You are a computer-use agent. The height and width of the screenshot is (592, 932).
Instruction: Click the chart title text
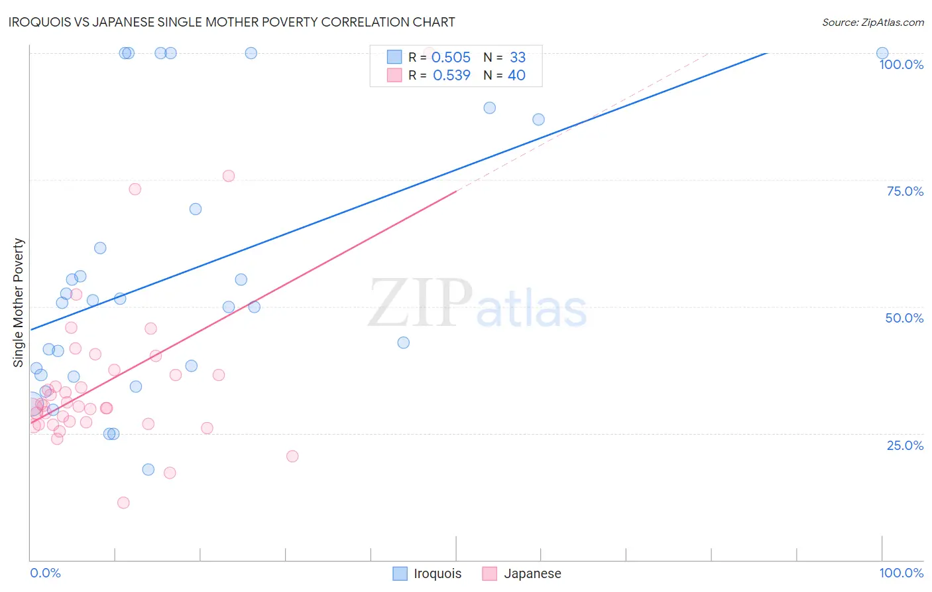tap(231, 22)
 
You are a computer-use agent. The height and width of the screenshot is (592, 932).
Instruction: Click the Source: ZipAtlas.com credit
tap(872, 22)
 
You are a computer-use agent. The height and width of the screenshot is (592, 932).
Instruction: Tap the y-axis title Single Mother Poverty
tap(19, 303)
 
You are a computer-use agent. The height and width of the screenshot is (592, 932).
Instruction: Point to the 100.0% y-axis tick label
tap(901, 64)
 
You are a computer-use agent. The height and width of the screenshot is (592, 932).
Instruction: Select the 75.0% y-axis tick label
tap(905, 191)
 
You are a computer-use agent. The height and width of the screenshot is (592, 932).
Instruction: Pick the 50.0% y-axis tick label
tap(904, 318)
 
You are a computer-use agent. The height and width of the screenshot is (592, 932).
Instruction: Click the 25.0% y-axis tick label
tap(905, 445)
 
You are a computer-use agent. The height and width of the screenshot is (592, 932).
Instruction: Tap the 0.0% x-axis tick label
tap(45, 573)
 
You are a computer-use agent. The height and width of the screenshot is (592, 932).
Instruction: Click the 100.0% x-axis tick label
tap(901, 573)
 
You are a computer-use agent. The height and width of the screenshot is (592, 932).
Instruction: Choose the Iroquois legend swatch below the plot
tap(400, 573)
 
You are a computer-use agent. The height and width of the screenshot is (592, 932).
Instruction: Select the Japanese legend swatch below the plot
tap(490, 573)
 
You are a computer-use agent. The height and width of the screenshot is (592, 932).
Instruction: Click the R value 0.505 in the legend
tap(451, 58)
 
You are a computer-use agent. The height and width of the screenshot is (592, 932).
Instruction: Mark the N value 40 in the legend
tap(516, 76)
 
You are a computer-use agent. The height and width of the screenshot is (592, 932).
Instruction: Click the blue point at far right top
tap(882, 53)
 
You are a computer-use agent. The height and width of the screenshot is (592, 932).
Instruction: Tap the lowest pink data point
tap(123, 502)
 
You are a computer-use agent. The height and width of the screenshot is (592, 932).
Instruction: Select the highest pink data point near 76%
tap(229, 176)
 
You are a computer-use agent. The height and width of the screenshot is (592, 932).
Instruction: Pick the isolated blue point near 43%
tap(403, 342)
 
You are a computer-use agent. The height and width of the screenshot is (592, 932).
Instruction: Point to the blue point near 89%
tap(490, 108)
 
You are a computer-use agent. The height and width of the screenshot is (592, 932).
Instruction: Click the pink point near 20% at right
tap(292, 456)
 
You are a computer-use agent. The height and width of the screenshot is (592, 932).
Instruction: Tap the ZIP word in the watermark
tap(420, 303)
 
